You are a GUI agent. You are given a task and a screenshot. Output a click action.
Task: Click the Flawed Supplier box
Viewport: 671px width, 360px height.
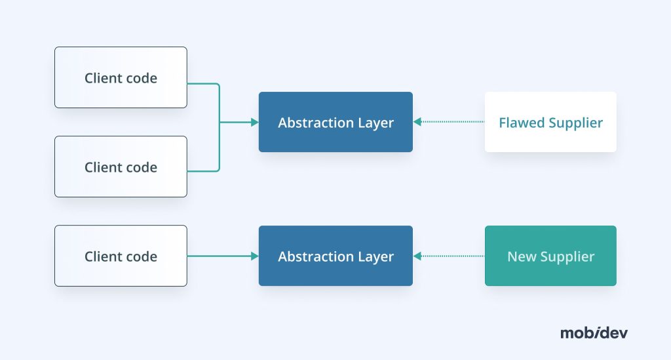(550, 122)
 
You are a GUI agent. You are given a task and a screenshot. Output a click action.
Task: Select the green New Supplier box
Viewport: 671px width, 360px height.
(550, 256)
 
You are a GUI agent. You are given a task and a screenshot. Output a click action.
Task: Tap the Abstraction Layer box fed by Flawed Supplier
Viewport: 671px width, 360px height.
(335, 122)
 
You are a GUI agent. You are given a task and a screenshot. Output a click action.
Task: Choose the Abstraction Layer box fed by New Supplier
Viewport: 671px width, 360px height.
(335, 256)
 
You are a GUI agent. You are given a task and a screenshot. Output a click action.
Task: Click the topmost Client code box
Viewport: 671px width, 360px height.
(121, 77)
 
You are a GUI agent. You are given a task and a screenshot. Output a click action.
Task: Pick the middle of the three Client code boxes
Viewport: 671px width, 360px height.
(121, 167)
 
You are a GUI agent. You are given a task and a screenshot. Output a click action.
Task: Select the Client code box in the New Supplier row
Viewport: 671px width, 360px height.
(121, 256)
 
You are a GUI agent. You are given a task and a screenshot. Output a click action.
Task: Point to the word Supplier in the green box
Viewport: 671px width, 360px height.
(566, 257)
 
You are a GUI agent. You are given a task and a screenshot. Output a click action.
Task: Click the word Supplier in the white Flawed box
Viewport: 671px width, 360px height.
(576, 123)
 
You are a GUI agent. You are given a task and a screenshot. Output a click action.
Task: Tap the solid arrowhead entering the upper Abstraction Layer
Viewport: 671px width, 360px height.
(255, 122)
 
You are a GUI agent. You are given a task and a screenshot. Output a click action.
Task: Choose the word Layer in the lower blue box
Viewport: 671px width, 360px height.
(375, 257)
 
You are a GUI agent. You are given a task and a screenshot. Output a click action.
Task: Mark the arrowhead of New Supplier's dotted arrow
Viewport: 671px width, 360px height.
(417, 256)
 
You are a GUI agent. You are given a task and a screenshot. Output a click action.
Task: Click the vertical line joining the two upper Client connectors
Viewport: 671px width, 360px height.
(219, 127)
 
